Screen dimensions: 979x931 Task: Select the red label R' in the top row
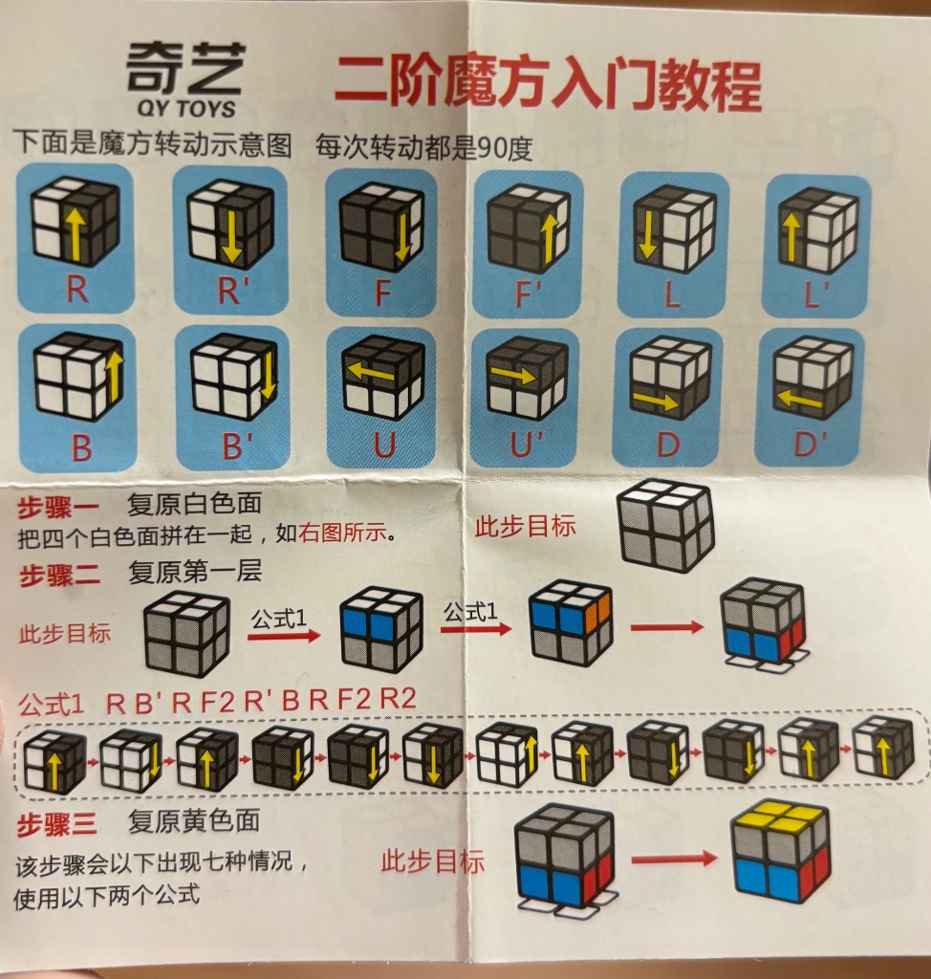pyautogui.click(x=229, y=291)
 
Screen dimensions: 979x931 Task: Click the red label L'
pyautogui.click(x=815, y=295)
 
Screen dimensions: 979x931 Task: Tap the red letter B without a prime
pyautogui.click(x=81, y=448)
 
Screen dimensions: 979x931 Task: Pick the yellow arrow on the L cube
pyautogui.click(x=648, y=237)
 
